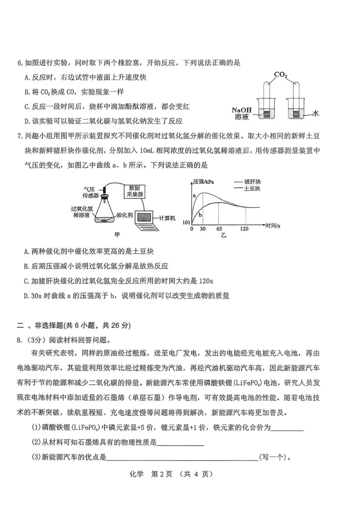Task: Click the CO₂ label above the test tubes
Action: tap(280, 74)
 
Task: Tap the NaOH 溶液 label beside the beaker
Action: tap(242, 113)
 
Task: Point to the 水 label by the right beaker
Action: tap(315, 113)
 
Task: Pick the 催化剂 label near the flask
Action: tap(125, 215)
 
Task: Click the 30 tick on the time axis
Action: tap(203, 229)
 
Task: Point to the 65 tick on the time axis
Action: tap(219, 229)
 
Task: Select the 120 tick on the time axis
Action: tap(244, 229)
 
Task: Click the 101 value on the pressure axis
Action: tap(186, 222)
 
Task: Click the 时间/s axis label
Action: tap(272, 226)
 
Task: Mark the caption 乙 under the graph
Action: tap(223, 235)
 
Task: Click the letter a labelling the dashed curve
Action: tap(194, 196)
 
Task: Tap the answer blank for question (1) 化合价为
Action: tap(287, 428)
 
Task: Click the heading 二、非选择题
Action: tap(74, 325)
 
